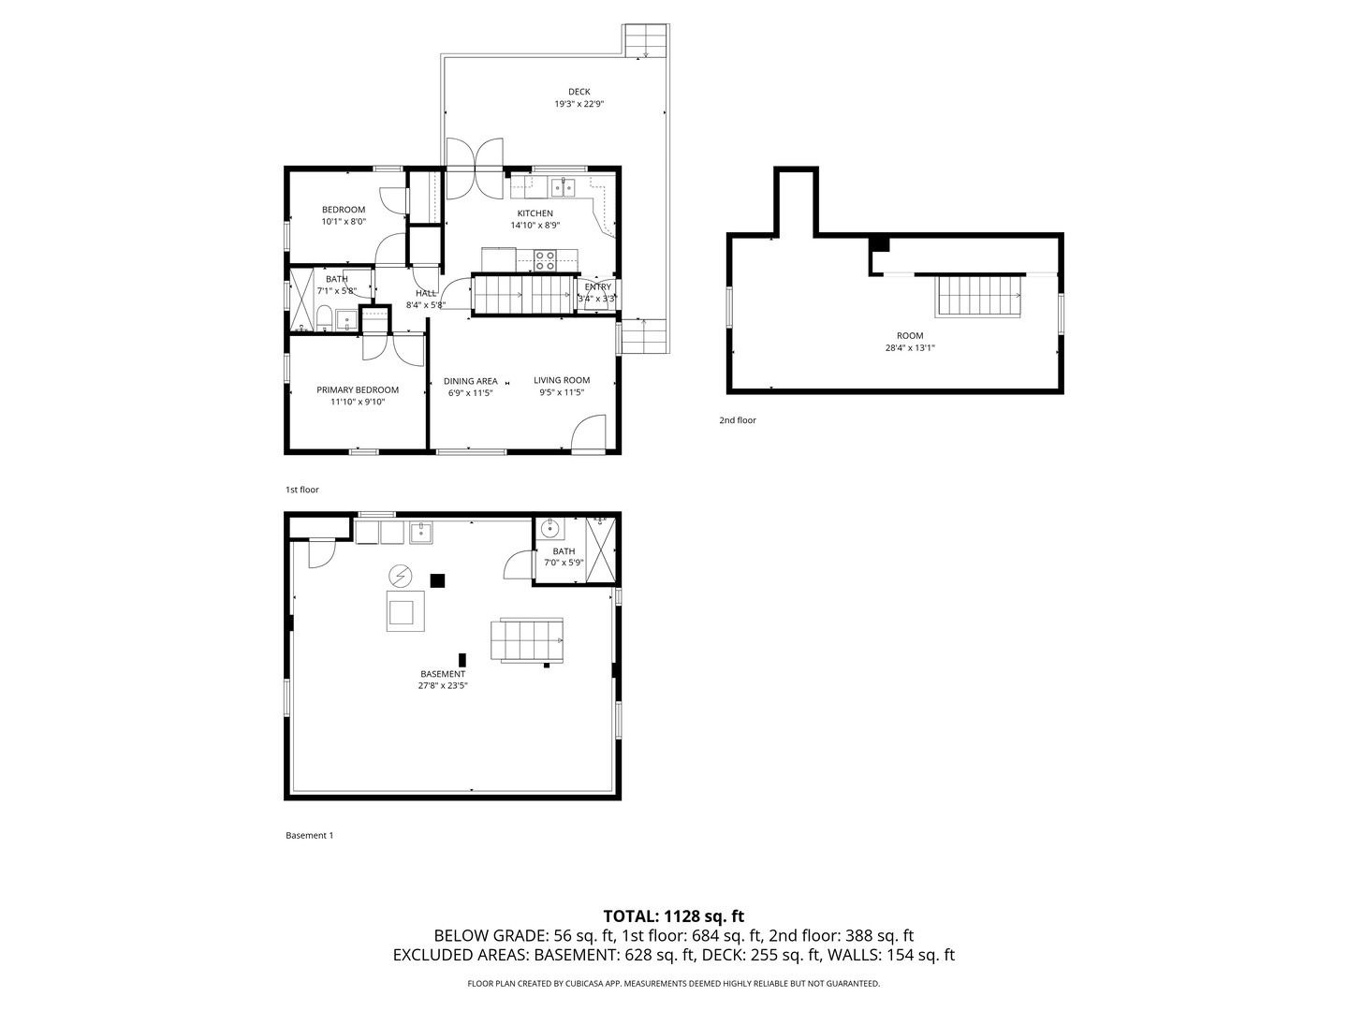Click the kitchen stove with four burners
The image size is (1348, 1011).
544,259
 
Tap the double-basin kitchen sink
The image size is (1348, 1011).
563,188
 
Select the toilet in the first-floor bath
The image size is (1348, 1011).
323,318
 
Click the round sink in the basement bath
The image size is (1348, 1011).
549,529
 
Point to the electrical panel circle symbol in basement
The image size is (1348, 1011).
400,575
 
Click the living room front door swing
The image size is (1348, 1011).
587,436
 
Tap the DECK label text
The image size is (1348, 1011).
579,92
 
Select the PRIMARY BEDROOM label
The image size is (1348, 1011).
358,390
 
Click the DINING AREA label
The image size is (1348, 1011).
470,381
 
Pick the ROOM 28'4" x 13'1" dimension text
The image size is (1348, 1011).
910,348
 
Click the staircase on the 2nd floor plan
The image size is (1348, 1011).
978,296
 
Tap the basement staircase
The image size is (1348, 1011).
531,640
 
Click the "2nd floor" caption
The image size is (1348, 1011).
737,420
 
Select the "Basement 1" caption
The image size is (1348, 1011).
309,835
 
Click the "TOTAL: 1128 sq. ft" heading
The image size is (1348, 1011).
673,916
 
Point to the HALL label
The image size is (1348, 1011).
426,293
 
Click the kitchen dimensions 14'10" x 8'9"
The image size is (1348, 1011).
535,226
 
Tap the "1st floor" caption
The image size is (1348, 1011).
301,490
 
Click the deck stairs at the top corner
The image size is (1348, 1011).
646,40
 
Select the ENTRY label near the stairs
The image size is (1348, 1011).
597,286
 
